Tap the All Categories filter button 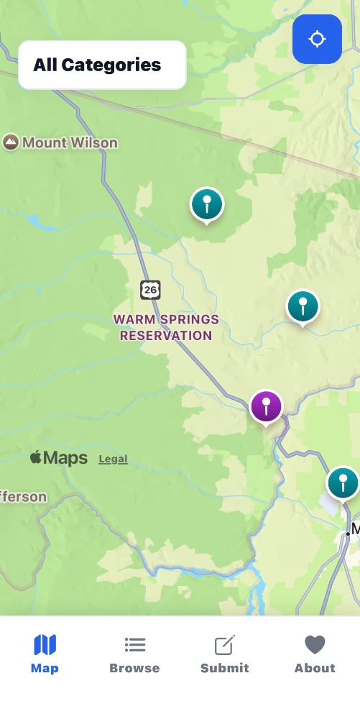pos(101,65)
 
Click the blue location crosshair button pos(317,39)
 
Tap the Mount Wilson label pos(69,142)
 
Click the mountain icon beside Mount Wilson pos(11,142)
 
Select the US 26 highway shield pos(150,290)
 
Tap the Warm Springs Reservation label pos(166,327)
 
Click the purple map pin pos(266,406)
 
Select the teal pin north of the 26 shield pos(207,204)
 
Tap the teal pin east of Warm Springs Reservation pos(303,307)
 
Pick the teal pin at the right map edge pos(343,483)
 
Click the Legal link pos(113,459)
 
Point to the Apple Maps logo pos(59,458)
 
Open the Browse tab pos(134,654)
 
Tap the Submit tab pos(224,654)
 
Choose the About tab pos(315,654)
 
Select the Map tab pos(45,654)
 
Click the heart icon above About pos(315,644)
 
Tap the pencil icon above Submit pos(225,645)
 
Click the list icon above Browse pos(134,645)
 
